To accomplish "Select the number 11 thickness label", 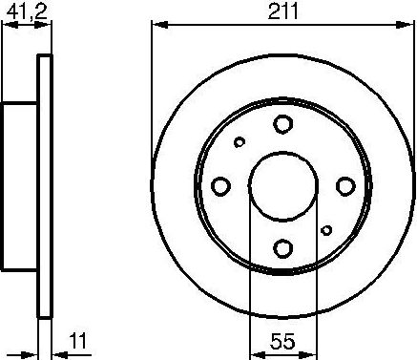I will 79,339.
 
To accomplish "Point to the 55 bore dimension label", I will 282,339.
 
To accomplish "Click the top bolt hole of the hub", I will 282,123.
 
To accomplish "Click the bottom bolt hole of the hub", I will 282,248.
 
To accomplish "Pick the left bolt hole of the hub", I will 220,186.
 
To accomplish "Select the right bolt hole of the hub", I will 344,186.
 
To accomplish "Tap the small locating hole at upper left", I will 240,142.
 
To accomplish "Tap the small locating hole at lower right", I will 326,229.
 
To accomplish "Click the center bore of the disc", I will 282,186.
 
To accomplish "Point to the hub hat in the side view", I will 20,186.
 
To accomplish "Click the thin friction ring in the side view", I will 42,186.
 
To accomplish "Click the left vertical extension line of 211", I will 153,95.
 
